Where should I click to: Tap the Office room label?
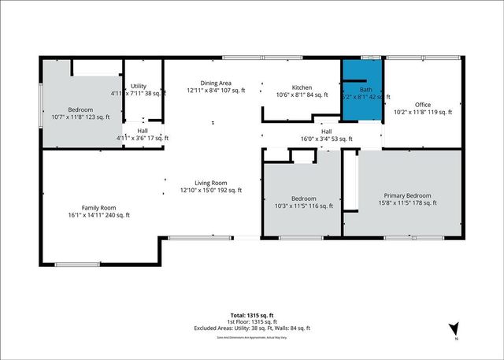coord(423,105)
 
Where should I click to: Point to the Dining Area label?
coord(214,83)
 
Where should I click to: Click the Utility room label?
coord(139,86)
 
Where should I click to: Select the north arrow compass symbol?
coord(454,329)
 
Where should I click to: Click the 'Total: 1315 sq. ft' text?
coord(253,315)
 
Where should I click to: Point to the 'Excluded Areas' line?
coord(253,328)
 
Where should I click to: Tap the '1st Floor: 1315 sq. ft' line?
coord(253,321)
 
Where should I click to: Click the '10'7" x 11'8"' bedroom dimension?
coord(80,117)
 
